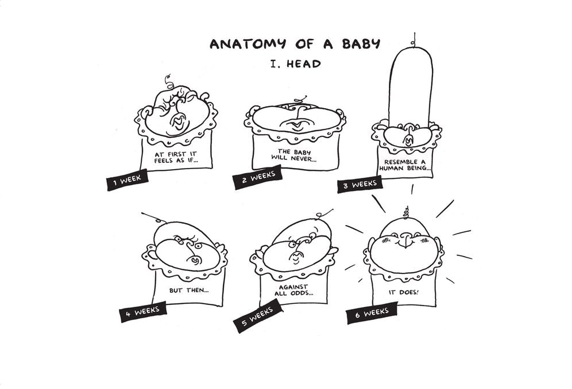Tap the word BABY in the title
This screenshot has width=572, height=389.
[361, 44]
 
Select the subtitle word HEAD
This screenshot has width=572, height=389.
[303, 64]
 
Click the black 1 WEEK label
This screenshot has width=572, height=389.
[127, 180]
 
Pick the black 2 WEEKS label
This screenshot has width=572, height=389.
[258, 177]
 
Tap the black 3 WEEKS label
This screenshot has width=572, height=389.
[360, 184]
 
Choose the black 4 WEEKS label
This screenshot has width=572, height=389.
[143, 312]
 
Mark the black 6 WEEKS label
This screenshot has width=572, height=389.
[373, 313]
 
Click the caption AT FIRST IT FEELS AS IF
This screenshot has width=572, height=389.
[176, 158]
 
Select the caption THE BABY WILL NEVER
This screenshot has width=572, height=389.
[294, 155]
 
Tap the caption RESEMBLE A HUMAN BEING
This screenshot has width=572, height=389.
[405, 165]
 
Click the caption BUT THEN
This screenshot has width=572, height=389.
[189, 291]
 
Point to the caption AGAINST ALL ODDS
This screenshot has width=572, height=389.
[294, 290]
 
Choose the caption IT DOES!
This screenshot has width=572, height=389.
[404, 292]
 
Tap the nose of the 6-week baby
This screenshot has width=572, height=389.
[404, 241]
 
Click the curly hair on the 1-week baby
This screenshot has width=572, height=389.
[169, 83]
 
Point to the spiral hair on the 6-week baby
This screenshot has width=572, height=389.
[406, 212]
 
